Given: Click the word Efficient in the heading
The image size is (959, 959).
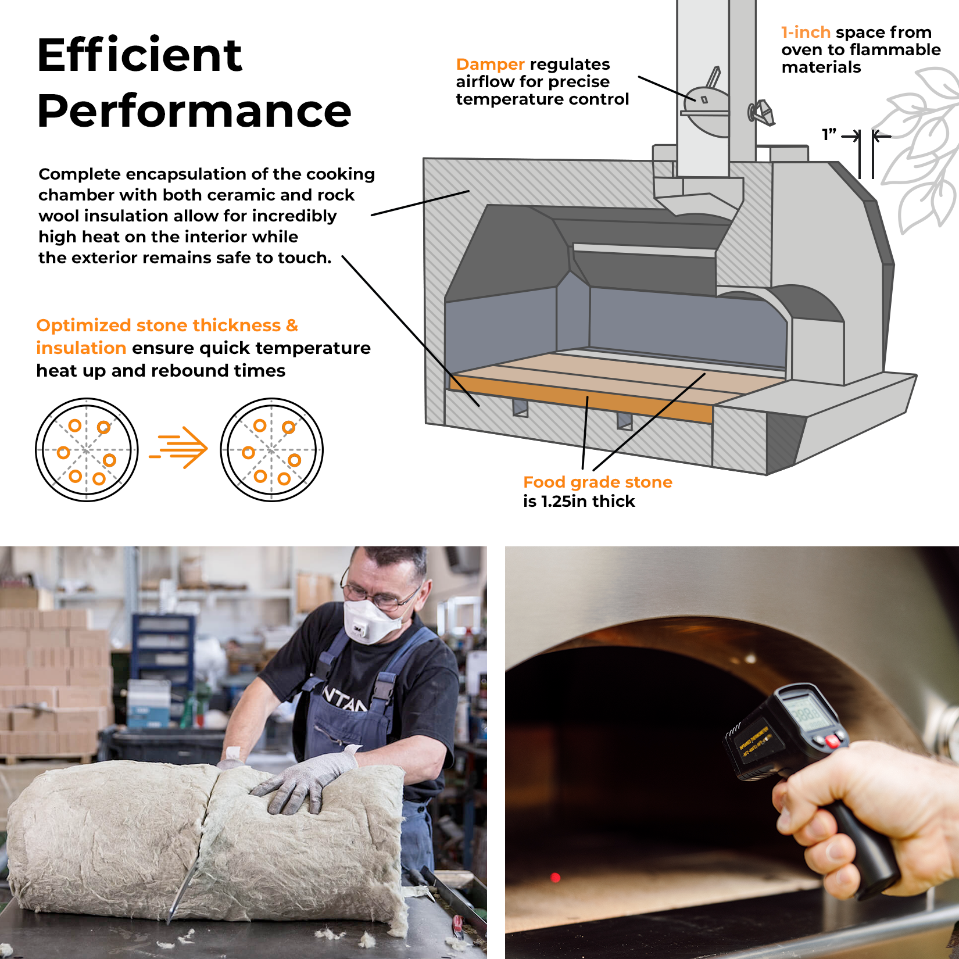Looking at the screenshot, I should pyautogui.click(x=139, y=55).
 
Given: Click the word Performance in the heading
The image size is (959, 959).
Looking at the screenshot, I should pyautogui.click(x=194, y=110).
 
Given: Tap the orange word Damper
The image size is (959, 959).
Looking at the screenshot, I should pyautogui.click(x=490, y=64).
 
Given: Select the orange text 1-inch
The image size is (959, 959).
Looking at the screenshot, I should pyautogui.click(x=805, y=32).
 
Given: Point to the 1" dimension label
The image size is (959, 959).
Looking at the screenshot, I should pyautogui.click(x=829, y=135).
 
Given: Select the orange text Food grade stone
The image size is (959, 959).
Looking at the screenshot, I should pyautogui.click(x=597, y=482).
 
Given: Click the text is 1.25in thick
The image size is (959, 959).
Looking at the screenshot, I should pyautogui.click(x=578, y=501).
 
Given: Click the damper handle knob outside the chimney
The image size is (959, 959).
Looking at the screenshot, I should pyautogui.click(x=762, y=112).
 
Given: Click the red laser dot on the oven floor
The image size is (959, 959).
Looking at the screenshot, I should pyautogui.click(x=555, y=877).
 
